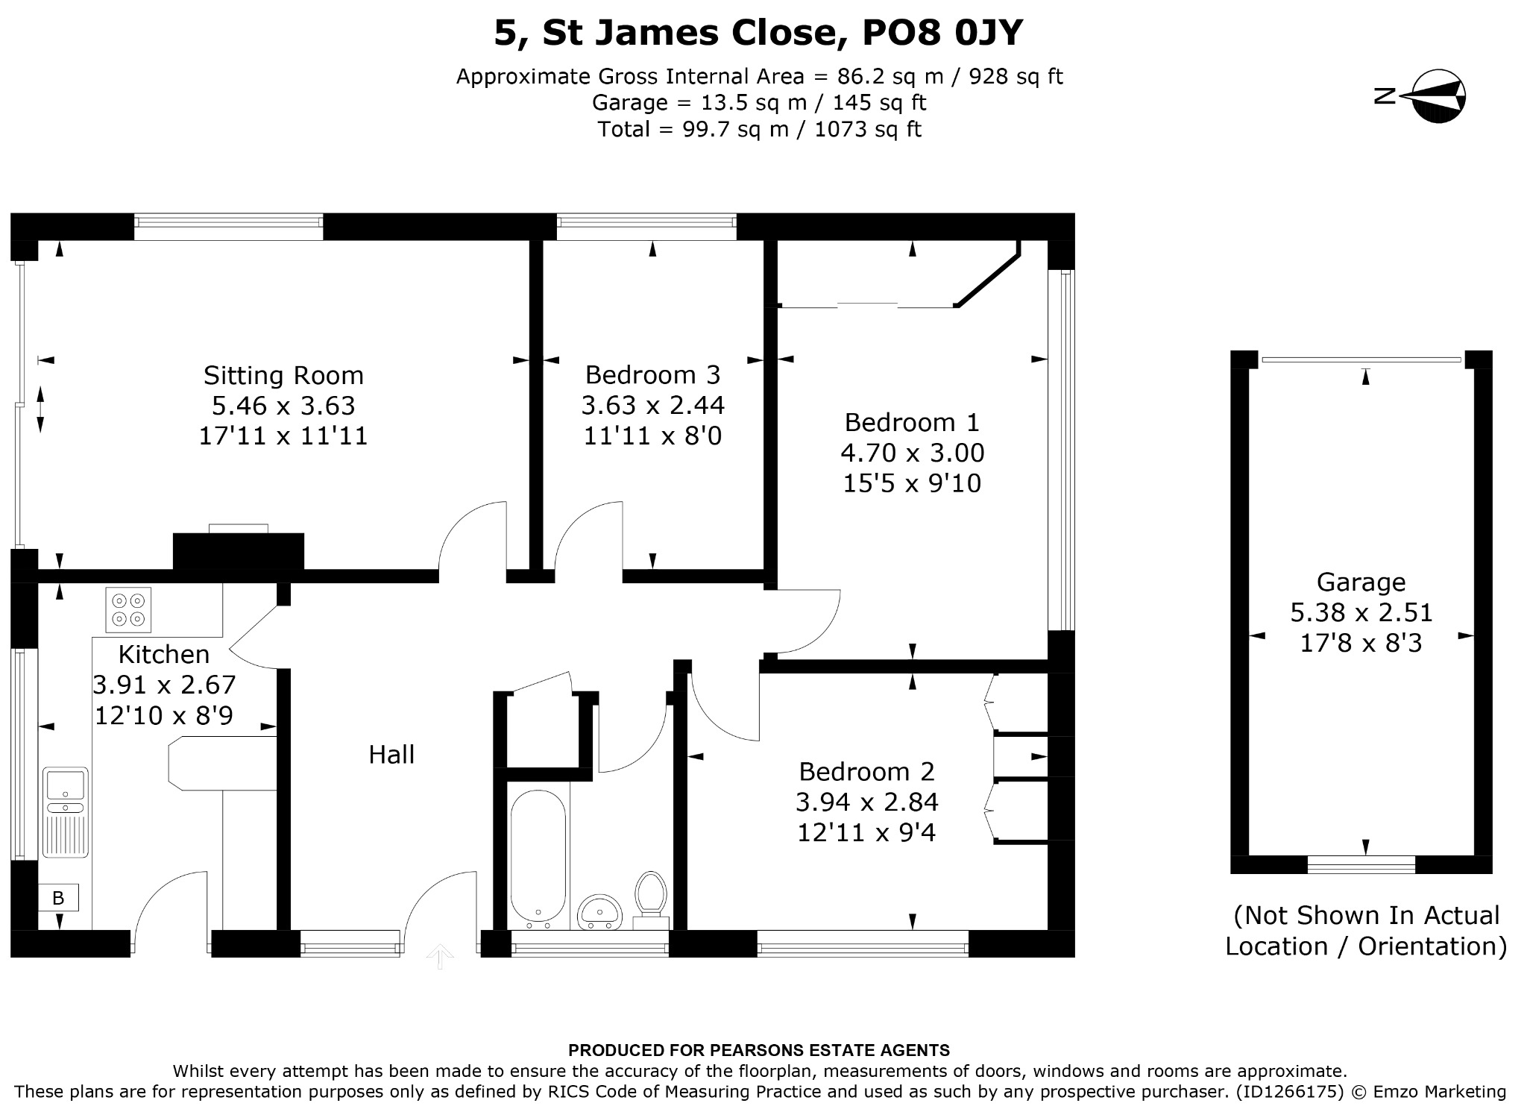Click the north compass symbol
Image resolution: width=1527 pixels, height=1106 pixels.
coord(1424,96)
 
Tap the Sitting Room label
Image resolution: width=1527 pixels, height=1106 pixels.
coord(283,375)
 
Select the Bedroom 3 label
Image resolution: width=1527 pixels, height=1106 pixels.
coord(652,374)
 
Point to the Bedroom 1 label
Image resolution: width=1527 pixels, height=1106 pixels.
coord(912,422)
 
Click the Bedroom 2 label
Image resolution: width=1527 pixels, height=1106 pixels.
coord(866,771)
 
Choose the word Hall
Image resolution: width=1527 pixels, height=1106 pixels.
coord(391,755)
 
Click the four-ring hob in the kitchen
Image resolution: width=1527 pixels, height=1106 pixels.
coord(128,609)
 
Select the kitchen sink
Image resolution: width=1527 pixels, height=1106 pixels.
coord(66,812)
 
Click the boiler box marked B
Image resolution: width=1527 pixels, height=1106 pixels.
coord(58,898)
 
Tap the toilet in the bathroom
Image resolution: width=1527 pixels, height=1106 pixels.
coord(651,900)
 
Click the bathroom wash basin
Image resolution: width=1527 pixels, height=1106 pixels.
coord(599,913)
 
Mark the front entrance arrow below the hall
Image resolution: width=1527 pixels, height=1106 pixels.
coord(440,956)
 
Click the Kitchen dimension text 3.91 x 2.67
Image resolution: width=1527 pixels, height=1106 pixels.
coord(164,685)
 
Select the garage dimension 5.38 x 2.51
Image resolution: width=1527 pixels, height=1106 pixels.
coord(1361,612)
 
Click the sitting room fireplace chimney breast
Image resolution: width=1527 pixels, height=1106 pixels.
coord(239,551)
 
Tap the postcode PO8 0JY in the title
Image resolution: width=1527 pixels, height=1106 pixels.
coord(943,32)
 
